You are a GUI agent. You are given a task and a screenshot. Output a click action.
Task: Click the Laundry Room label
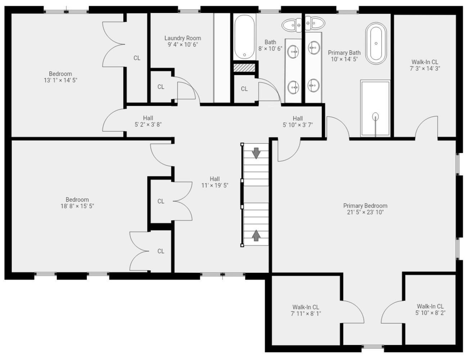[x=182, y=38]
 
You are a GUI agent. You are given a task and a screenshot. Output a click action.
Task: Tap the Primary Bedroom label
[x=365, y=206]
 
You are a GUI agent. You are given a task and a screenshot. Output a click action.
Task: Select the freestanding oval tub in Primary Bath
[x=376, y=44]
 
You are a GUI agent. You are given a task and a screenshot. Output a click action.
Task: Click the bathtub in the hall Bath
[x=244, y=37]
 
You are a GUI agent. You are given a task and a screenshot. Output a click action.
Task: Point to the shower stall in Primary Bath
[x=375, y=108]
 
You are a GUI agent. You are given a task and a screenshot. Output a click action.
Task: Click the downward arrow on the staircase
[x=256, y=153]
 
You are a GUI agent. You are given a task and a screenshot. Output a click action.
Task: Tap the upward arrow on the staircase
[x=256, y=235]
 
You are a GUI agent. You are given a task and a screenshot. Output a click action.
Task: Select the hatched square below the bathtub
[x=244, y=68]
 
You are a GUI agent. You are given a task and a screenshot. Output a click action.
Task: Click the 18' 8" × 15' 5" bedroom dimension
[x=77, y=206]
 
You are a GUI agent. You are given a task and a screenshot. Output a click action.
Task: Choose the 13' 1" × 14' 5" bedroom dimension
[x=60, y=80]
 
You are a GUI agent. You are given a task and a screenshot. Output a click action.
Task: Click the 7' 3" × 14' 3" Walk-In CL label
[x=425, y=65]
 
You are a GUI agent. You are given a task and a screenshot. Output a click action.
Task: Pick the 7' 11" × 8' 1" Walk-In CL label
[x=306, y=310]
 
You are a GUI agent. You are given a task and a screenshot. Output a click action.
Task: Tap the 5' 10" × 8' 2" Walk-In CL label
[x=430, y=310]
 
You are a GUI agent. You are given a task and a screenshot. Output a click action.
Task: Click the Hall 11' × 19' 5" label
[x=215, y=182]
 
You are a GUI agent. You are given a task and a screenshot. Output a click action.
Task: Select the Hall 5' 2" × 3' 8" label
[x=148, y=121]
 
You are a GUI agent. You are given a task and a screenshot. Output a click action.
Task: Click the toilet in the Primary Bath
[x=315, y=23]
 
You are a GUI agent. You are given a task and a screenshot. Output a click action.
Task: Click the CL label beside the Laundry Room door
[x=161, y=87]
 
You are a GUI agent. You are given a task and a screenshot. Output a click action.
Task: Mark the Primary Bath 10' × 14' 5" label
[x=344, y=56]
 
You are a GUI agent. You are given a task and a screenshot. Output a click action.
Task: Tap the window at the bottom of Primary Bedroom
[x=373, y=347]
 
